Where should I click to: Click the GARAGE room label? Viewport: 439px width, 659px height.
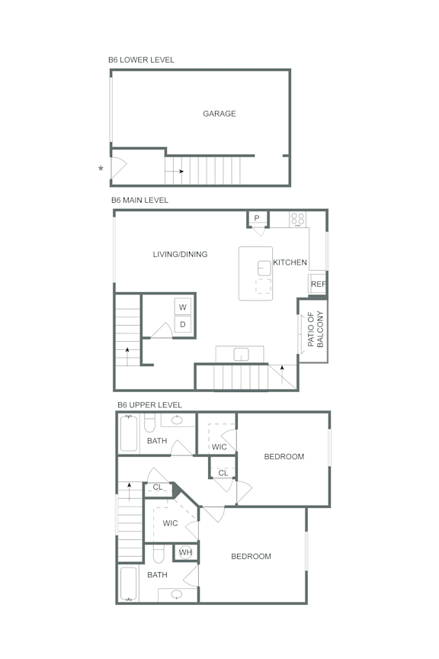click(219, 114)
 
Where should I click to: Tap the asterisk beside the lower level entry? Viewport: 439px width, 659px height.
click(101, 169)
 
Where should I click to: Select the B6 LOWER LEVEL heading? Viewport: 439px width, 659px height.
click(141, 59)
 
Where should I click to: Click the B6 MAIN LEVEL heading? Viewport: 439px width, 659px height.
click(139, 201)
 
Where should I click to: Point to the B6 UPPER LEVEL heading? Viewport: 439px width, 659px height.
click(149, 405)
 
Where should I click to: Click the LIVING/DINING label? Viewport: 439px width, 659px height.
click(180, 255)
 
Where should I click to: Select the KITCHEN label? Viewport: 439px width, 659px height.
click(290, 262)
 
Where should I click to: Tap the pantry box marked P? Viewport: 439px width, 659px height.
click(257, 219)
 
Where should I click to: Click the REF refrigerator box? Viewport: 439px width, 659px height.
click(318, 284)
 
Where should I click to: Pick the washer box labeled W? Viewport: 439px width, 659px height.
click(183, 307)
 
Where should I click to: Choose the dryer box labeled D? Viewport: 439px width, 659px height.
click(183, 325)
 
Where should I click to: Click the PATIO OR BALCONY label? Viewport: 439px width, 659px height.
click(316, 329)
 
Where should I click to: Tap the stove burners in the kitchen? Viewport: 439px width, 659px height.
click(297, 220)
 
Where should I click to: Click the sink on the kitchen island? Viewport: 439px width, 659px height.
click(264, 267)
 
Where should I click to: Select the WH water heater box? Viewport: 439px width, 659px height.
click(185, 552)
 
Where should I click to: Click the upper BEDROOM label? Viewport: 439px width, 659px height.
click(284, 457)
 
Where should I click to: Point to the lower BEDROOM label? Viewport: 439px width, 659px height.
click(251, 557)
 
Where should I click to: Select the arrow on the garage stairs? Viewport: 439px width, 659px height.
click(180, 171)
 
